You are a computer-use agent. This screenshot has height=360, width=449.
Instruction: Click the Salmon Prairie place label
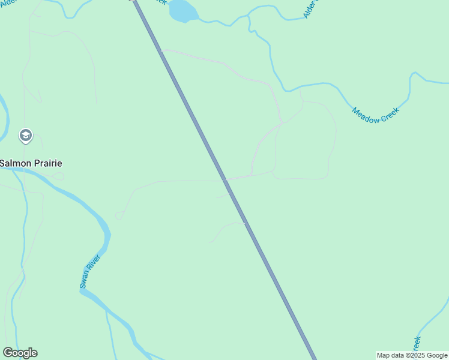31,163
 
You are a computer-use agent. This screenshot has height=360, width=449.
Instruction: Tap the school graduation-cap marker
25,136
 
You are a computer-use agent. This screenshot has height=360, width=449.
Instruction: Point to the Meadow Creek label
375,112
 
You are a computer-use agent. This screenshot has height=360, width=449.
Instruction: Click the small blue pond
184,10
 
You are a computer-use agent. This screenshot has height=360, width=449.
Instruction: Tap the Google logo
20,353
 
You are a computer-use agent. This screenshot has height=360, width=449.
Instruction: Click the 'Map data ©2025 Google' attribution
412,355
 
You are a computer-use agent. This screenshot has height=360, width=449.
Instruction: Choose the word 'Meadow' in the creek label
366,115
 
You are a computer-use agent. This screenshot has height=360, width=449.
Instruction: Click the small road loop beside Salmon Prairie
58,176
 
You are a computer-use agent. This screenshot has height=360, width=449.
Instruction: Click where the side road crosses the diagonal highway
224,179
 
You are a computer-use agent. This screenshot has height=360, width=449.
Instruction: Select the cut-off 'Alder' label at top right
309,8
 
